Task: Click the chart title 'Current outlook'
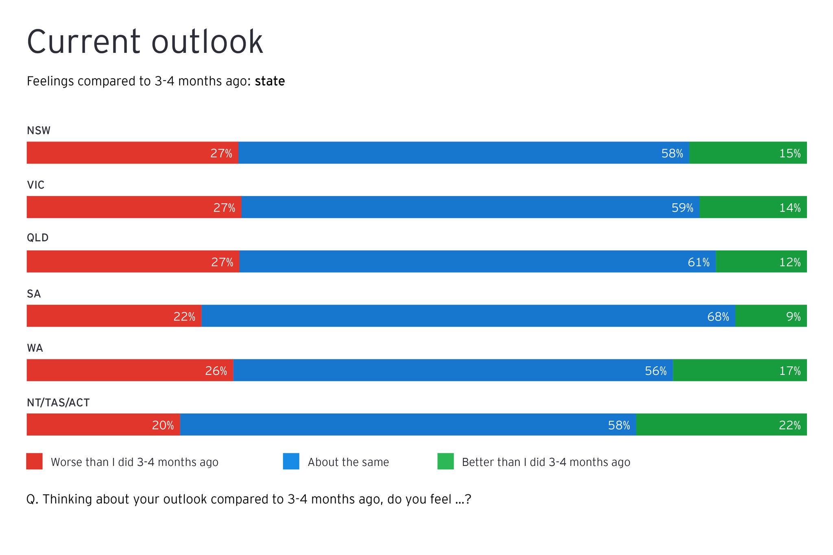[x=145, y=41]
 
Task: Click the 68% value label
[x=718, y=316]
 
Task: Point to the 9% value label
[x=793, y=316]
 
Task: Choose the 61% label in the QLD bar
[x=698, y=262]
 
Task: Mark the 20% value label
[x=163, y=425]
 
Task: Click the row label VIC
[x=35, y=185]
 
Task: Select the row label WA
[x=35, y=348]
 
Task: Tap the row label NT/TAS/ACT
[x=58, y=403]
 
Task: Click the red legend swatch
[x=35, y=461]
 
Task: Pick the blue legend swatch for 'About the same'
[x=291, y=461]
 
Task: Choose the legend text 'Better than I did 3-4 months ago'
[x=546, y=462]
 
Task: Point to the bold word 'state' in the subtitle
[x=270, y=81]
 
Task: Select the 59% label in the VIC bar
[x=682, y=208]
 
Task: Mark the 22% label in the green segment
[x=789, y=425]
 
